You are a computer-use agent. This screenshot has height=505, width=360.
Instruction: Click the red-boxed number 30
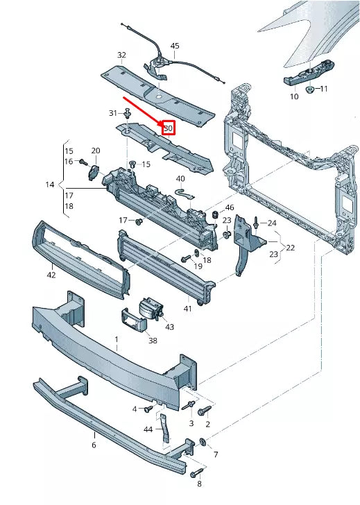tap(169, 128)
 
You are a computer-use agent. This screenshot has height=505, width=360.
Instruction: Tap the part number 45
tap(174, 46)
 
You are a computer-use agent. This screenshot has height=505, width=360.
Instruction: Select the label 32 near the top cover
tap(121, 55)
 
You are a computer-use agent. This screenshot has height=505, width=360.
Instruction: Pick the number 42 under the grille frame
tap(51, 275)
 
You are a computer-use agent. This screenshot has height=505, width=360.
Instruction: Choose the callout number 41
tap(187, 308)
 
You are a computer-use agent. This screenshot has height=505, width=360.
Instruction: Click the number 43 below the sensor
tap(170, 327)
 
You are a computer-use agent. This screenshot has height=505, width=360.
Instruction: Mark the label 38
tap(153, 341)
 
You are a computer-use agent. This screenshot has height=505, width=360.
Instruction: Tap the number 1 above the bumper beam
tap(117, 340)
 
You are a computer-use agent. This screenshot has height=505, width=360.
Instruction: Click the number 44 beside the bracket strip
tap(148, 430)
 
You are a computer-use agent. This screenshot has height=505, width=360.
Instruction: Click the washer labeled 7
tap(203, 442)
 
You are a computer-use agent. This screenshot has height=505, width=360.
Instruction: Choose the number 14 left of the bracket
tap(49, 185)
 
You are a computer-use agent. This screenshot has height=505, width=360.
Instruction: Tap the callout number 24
tap(272, 223)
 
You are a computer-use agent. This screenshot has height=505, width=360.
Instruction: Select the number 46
tap(230, 207)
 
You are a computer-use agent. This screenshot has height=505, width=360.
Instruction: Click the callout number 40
tap(180, 179)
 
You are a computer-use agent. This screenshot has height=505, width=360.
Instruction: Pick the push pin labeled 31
tap(128, 111)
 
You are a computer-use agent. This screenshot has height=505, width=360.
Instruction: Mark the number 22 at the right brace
tap(290, 247)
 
